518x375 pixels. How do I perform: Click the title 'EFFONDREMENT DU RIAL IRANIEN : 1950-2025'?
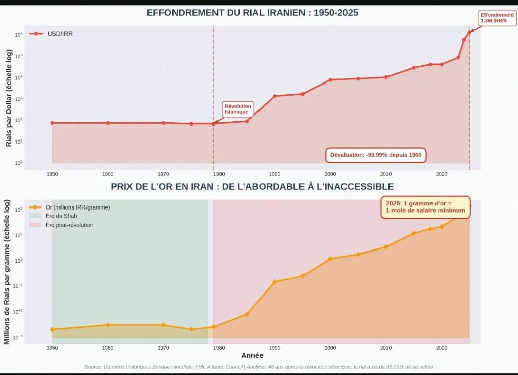(x=252, y=13)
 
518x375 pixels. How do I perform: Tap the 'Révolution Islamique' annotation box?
(x=237, y=109)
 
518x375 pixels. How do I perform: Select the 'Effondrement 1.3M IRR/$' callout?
(x=497, y=18)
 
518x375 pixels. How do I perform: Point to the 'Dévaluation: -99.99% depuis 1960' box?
(x=376, y=155)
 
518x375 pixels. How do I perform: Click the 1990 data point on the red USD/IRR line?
(x=275, y=96)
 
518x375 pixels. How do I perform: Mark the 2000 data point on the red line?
(x=330, y=80)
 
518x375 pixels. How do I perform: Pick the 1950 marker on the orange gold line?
(x=52, y=329)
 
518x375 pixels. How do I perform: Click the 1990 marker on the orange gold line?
(x=275, y=281)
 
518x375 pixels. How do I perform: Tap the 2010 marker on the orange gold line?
(x=386, y=247)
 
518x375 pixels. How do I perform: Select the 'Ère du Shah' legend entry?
(x=64, y=216)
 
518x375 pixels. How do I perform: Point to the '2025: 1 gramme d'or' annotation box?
(x=425, y=206)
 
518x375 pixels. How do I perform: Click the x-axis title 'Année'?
(x=252, y=355)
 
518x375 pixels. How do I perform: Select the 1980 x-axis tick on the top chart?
(x=219, y=174)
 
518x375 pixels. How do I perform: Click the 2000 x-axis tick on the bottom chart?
(x=330, y=348)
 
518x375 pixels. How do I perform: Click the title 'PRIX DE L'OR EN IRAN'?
(x=252, y=187)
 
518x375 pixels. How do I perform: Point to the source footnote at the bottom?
(x=259, y=367)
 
